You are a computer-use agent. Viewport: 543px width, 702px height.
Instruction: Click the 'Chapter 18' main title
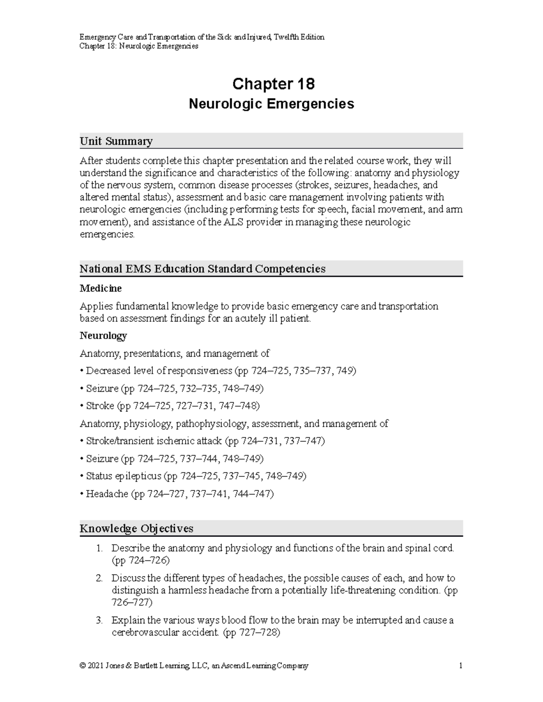tap(273, 84)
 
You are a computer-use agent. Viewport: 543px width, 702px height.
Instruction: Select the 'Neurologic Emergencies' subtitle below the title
tap(271, 104)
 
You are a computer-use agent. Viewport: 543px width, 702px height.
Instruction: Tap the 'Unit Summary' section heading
tap(116, 141)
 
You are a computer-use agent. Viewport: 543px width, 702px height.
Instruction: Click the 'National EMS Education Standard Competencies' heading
tap(202, 269)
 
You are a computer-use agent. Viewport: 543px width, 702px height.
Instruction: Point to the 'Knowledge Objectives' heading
tap(136, 528)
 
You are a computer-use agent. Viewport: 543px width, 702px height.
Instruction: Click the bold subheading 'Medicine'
tap(100, 288)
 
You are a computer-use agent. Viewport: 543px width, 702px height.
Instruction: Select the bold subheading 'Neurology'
tap(103, 336)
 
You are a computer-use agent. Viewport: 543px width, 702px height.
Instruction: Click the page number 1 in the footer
tap(460, 666)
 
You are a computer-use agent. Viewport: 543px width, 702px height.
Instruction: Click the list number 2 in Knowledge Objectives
tap(99, 578)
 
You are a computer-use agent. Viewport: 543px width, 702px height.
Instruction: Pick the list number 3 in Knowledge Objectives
tap(99, 621)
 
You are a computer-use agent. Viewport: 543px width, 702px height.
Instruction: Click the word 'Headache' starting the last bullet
tap(107, 494)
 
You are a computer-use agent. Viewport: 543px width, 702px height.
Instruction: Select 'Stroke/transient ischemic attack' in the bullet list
tap(154, 441)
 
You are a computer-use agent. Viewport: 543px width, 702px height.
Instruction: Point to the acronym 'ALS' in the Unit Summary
tap(233, 222)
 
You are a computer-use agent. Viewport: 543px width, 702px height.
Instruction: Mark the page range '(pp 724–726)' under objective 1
tap(140, 561)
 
